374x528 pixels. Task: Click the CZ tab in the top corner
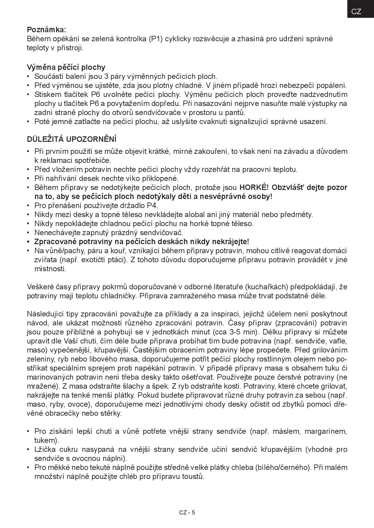[x=356, y=11]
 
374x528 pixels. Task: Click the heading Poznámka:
[x=46, y=30]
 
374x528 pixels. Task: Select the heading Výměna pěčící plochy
[x=66, y=67]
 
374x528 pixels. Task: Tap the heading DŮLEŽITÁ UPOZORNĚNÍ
[x=72, y=139]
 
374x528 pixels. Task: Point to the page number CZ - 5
[x=187, y=512]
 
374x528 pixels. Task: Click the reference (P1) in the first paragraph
[x=156, y=39]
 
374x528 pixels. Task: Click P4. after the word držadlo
[x=153, y=206]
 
